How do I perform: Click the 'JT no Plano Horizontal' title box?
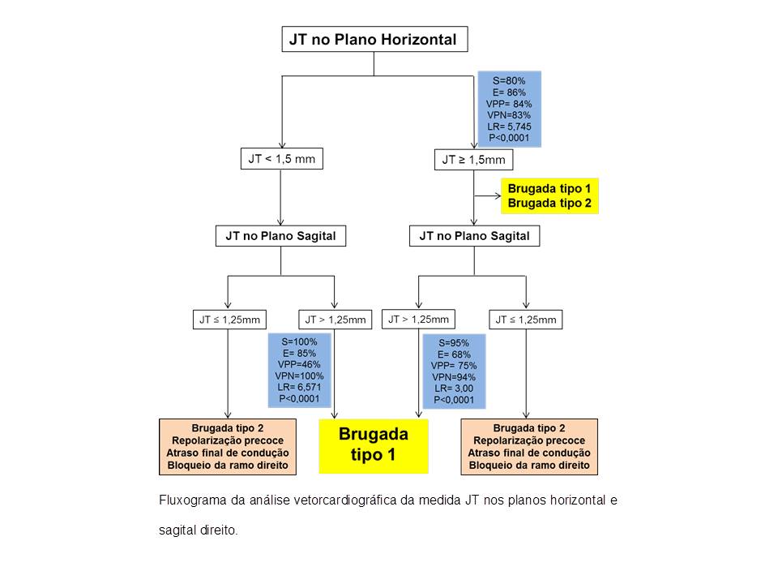pos(374,39)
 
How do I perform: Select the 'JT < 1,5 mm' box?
pos(282,159)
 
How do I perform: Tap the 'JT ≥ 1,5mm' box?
pos(474,160)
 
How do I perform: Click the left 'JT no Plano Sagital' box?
pos(281,236)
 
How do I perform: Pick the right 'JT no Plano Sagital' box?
pos(474,236)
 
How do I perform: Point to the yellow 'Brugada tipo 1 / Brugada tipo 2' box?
pos(549,196)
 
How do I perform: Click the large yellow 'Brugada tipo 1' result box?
pos(374,446)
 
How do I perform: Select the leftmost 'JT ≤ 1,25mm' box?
pos(229,320)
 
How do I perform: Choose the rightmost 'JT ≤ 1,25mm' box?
pos(526,320)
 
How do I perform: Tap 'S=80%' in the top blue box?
pos(509,81)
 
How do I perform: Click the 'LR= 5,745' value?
pos(509,127)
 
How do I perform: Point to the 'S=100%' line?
pos(299,342)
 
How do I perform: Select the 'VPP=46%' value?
pos(299,364)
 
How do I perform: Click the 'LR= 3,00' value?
pos(454,389)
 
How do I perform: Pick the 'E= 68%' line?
pos(454,354)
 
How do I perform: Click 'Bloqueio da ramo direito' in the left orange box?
pos(228,466)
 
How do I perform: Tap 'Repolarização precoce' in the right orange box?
pos(529,440)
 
